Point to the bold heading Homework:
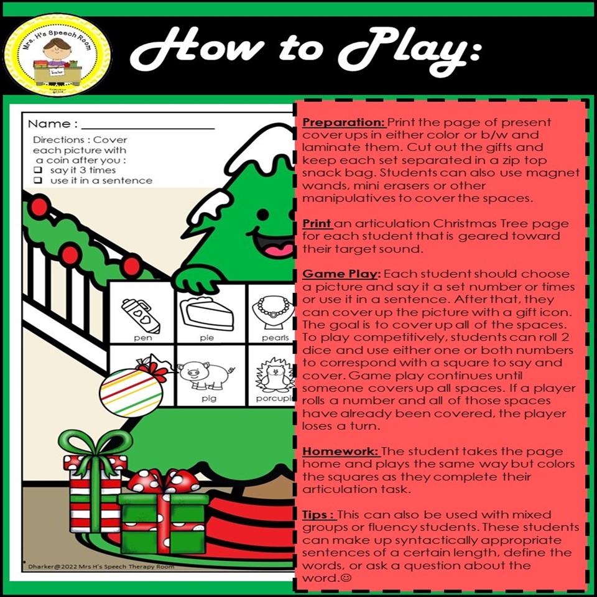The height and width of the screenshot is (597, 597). click(x=340, y=450)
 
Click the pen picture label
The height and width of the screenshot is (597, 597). click(x=142, y=338)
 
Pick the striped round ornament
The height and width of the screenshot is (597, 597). click(x=136, y=391)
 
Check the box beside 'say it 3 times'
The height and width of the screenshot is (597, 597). click(x=38, y=169)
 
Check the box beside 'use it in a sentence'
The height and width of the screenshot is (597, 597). click(x=38, y=181)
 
